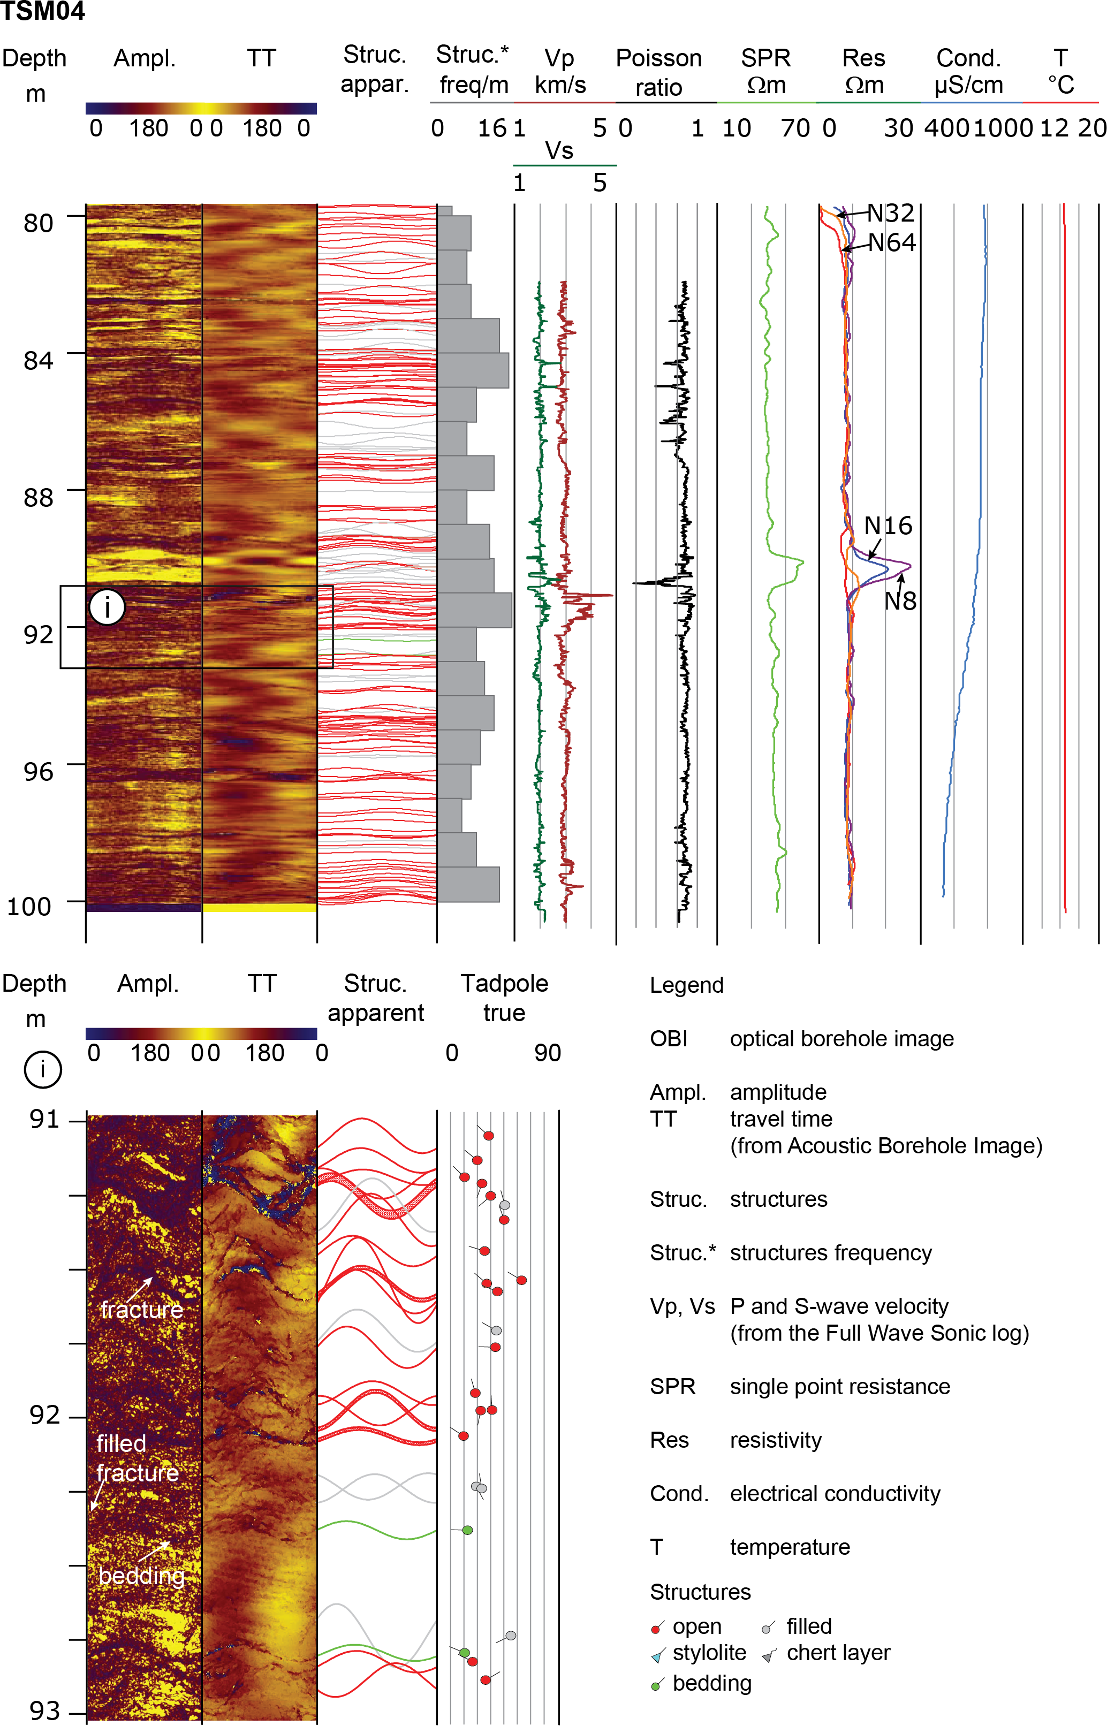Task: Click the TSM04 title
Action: tap(43, 11)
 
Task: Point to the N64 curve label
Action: tap(891, 243)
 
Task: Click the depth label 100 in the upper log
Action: tap(29, 907)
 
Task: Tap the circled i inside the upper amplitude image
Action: tap(107, 607)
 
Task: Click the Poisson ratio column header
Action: tap(658, 72)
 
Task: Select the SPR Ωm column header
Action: tap(765, 71)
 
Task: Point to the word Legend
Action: tap(686, 985)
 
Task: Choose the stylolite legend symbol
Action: tap(656, 1657)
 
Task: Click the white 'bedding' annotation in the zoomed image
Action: tap(142, 1576)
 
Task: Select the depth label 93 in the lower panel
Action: tap(44, 1710)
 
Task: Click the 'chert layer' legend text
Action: tap(838, 1653)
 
